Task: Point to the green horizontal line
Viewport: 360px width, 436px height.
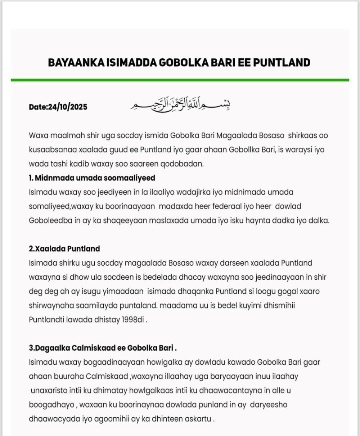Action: (x=180, y=80)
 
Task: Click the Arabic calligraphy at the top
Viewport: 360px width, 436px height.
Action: (x=180, y=105)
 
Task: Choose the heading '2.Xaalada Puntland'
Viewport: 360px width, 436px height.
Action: (x=64, y=249)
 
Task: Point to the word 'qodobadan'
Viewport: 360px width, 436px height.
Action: (x=185, y=164)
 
